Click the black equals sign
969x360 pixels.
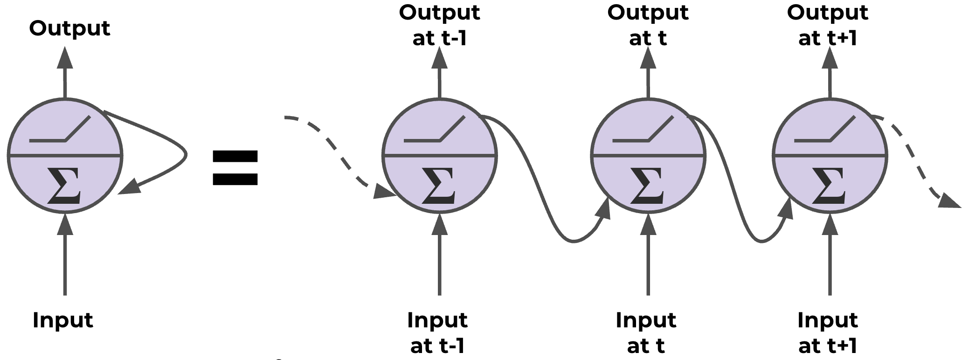point(235,168)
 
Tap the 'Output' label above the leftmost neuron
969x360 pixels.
point(69,28)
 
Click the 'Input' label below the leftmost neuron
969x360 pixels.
point(63,320)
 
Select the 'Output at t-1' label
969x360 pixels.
point(439,25)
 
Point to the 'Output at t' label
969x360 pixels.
point(648,25)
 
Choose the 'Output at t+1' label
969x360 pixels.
point(828,25)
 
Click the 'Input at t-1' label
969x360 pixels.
point(437,333)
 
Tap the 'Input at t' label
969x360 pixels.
point(646,333)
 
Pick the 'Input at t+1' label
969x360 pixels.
point(828,333)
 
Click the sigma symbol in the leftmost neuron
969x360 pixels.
point(64,187)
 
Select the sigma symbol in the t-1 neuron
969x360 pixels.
point(439,187)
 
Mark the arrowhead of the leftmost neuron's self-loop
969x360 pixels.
point(128,187)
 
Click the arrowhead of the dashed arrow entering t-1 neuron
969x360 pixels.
point(385,192)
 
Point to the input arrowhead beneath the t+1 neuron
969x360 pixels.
point(830,225)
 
